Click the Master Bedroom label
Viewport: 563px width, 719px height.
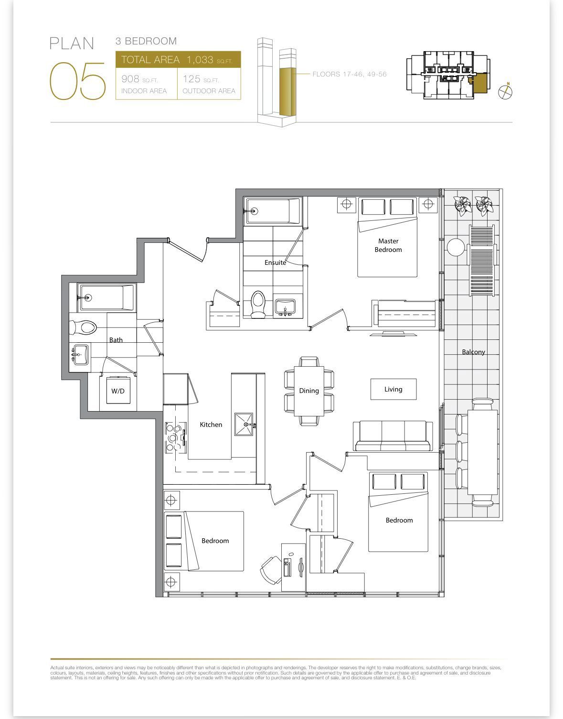pos(388,246)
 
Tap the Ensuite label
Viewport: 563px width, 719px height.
pos(275,263)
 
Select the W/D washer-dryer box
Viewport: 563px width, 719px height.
pos(118,391)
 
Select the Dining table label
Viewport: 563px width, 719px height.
pos(309,391)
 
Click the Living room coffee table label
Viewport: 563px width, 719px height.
pos(393,390)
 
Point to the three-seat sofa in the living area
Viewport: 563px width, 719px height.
pos(393,436)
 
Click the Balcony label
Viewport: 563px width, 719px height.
pos(473,352)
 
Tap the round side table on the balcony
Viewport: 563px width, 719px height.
pos(456,247)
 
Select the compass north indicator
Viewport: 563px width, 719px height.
pos(506,91)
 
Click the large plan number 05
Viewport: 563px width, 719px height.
pos(78,81)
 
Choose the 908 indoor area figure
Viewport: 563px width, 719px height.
pos(130,79)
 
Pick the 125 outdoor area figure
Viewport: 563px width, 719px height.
pos(191,79)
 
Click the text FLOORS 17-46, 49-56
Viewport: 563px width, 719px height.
pos(350,74)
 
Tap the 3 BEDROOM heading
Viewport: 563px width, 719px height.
pos(146,41)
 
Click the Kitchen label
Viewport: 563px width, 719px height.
pos(211,425)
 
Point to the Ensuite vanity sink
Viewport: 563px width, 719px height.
pos(285,307)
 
